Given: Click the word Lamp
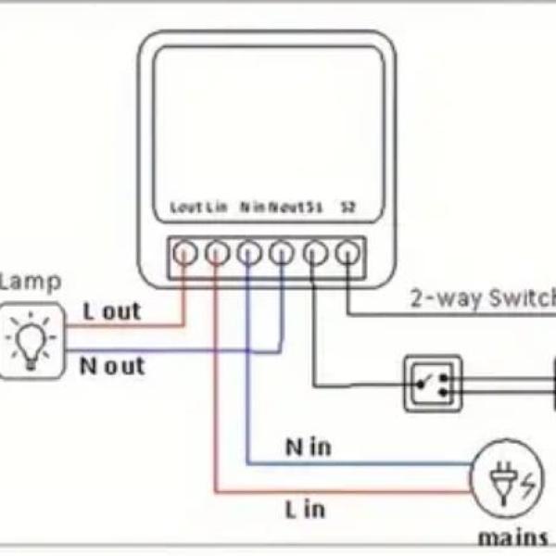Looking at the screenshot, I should (x=30, y=282).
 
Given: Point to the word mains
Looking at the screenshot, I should (x=512, y=537).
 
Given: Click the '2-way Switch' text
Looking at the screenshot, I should (x=483, y=298).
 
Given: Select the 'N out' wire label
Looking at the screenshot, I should (x=111, y=366).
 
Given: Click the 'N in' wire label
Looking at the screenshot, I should (x=308, y=448).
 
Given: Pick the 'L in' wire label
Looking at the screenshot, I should (x=304, y=508).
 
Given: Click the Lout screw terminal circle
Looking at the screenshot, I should (x=185, y=252).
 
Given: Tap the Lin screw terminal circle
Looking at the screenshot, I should (x=217, y=252).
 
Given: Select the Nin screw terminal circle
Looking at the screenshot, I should (x=249, y=252).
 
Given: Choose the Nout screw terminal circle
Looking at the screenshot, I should (x=282, y=252).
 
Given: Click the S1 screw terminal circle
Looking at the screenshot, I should (x=314, y=252).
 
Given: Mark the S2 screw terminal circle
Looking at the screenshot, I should (x=347, y=252).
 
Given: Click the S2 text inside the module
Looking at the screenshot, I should (x=347, y=207).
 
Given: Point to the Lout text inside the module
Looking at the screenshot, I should (x=186, y=207).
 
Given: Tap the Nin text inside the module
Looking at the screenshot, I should (x=252, y=207).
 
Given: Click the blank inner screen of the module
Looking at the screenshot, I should (x=268, y=120).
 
